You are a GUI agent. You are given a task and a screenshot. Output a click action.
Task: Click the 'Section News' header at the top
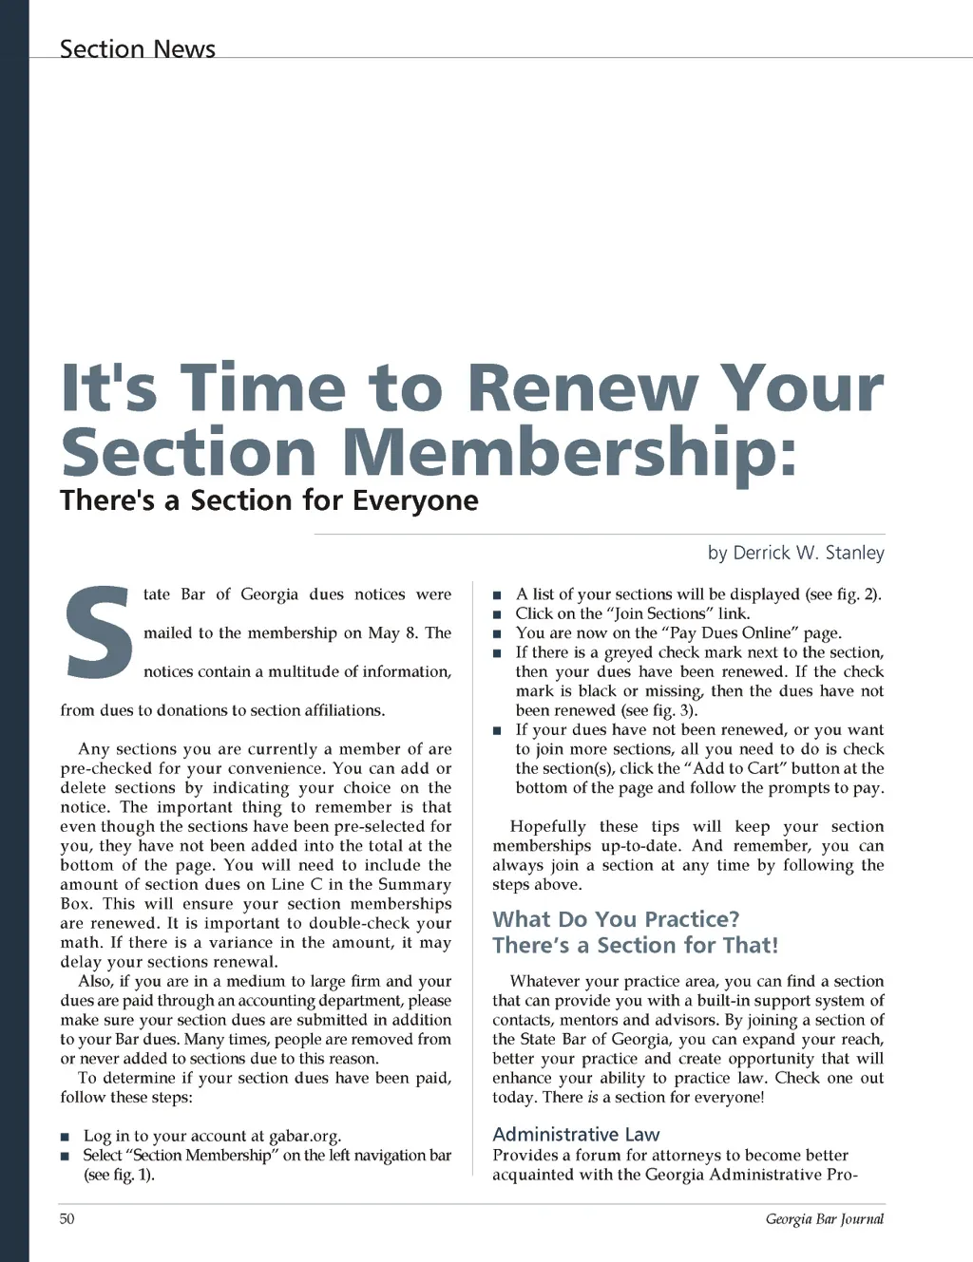[x=138, y=48]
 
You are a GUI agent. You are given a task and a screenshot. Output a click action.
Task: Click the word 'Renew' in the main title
[x=582, y=388]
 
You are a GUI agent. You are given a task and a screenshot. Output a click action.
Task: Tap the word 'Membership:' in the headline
[x=569, y=452]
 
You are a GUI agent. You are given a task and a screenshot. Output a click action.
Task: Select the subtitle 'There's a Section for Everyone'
[x=269, y=500]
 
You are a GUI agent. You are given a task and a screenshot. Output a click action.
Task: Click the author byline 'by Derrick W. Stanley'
[x=795, y=553]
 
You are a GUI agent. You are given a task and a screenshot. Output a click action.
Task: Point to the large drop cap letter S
[x=98, y=633]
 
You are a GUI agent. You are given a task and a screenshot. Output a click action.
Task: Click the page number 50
[x=67, y=1218]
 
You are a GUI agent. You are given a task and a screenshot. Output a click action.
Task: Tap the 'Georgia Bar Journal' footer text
[x=824, y=1218]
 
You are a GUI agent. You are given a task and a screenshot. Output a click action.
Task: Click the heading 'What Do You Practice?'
[x=616, y=919]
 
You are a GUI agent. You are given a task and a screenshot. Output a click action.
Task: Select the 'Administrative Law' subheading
[x=576, y=1134]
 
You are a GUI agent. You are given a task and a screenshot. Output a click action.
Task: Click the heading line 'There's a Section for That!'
[x=635, y=945]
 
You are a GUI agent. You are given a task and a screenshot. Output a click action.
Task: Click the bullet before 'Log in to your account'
[x=65, y=1137]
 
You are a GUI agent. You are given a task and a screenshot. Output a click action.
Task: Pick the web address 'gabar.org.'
[x=304, y=1136]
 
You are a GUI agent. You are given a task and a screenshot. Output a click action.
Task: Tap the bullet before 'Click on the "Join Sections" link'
[x=497, y=614]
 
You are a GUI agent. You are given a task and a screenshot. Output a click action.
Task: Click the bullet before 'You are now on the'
[x=497, y=633]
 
